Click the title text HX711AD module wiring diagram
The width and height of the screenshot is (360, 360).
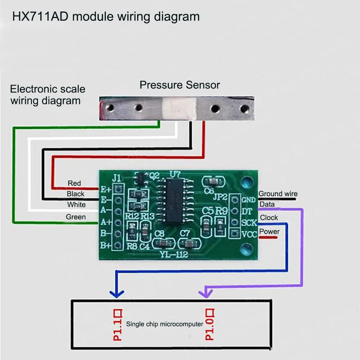tap(106, 17)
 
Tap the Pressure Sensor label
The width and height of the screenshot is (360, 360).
tap(180, 85)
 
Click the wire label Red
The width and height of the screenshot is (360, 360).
tap(74, 183)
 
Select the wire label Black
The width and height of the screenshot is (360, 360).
tap(75, 194)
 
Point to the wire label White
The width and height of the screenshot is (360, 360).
tap(76, 205)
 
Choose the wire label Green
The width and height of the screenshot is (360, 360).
tap(76, 216)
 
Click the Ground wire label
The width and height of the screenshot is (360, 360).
tap(278, 194)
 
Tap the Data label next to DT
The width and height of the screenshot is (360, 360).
tap(267, 204)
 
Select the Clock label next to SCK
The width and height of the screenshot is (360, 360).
tap(269, 217)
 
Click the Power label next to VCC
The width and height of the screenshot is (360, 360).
tap(270, 232)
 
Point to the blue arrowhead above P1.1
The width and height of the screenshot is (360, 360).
tap(117, 293)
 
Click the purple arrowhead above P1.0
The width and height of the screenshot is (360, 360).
tap(206, 293)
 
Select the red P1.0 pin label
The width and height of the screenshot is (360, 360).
tap(210, 324)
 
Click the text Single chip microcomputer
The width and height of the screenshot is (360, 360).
tap(165, 324)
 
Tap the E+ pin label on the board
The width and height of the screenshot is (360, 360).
tap(106, 189)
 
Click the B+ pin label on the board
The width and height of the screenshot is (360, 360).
tap(106, 245)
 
